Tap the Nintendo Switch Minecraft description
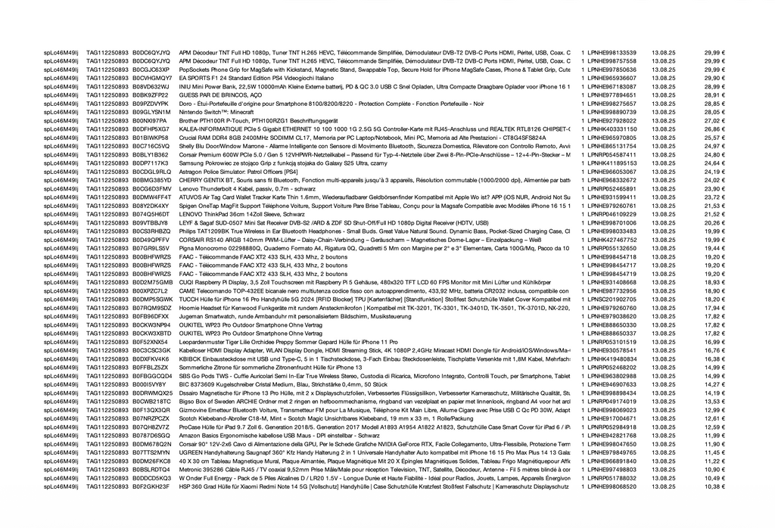(x=216, y=112)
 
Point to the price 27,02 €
(x=715, y=120)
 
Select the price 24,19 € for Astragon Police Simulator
(x=715, y=172)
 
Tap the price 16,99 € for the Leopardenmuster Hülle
(x=715, y=342)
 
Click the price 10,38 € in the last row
(x=715, y=486)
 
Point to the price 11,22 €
(x=715, y=461)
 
